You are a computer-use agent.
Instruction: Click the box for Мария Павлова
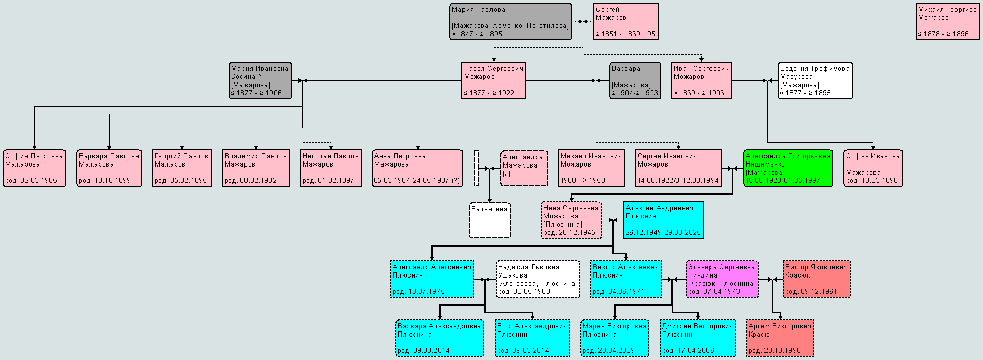[510, 21]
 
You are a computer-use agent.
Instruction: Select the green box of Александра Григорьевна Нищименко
[788, 168]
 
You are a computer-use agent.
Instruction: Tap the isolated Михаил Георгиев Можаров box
[947, 21]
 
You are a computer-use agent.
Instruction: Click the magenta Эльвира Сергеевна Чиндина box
[722, 279]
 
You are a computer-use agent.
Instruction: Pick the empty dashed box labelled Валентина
[489, 220]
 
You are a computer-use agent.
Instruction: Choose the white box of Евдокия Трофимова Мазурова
[815, 80]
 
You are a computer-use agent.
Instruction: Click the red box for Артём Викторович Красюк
[780, 338]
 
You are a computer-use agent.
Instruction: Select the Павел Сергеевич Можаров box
[494, 80]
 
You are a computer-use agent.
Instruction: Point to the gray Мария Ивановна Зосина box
[260, 80]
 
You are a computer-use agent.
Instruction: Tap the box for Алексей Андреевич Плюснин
[664, 220]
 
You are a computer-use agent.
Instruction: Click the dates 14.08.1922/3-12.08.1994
[678, 181]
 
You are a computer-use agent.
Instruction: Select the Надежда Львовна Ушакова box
[538, 279]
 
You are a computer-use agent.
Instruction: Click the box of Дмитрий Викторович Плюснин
[698, 338]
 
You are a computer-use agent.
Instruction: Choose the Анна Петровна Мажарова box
[418, 168]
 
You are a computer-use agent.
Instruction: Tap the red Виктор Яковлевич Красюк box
[816, 279]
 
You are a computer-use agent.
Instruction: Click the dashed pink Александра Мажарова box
[524, 168]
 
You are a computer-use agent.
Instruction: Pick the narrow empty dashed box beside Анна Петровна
[476, 168]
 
